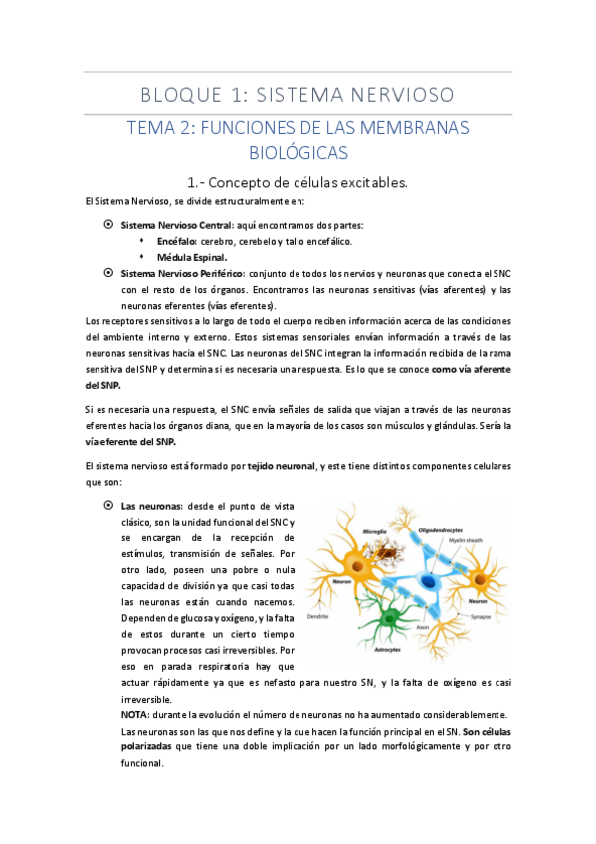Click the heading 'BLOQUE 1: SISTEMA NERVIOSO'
click(298, 95)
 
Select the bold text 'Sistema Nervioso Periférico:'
click(180, 273)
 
